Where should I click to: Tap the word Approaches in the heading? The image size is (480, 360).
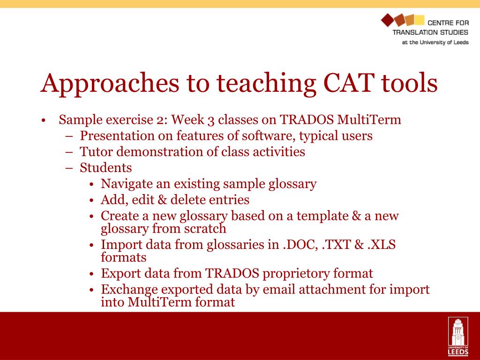click(110, 84)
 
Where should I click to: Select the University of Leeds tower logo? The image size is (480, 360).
click(458, 336)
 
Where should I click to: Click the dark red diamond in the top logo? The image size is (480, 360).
click(387, 20)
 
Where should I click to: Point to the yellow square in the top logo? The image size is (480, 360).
click(419, 20)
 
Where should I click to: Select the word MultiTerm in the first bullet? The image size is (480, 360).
click(369, 120)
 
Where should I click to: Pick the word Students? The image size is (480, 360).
click(105, 168)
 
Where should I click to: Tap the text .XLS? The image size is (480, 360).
click(382, 245)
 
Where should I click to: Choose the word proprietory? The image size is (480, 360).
click(296, 274)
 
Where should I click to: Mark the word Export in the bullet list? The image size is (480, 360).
click(120, 274)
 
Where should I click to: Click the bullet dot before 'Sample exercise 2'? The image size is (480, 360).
click(43, 120)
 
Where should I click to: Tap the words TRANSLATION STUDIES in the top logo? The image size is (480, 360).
click(430, 32)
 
